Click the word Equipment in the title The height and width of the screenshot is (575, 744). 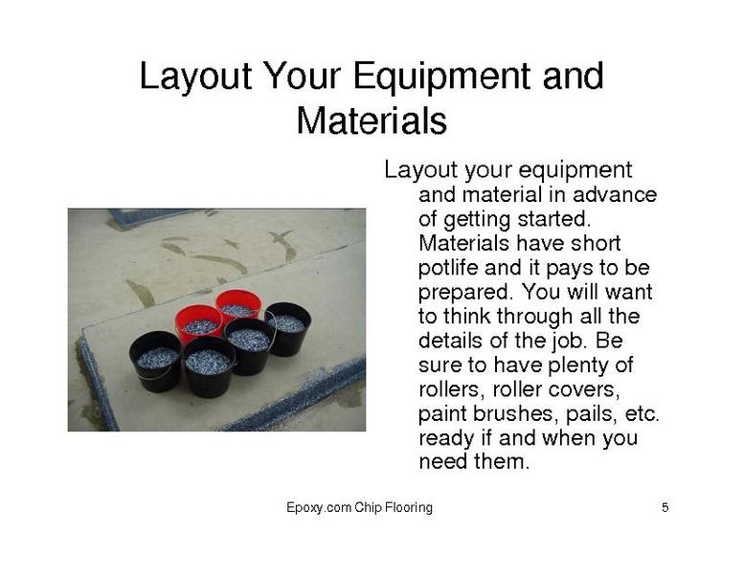pyautogui.click(x=444, y=77)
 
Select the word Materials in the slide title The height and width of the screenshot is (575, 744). pyautogui.click(x=372, y=121)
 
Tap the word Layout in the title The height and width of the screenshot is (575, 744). pyautogui.click(x=195, y=76)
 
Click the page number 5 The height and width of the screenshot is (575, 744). pyautogui.click(x=665, y=508)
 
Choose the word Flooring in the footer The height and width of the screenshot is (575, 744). pyautogui.click(x=409, y=508)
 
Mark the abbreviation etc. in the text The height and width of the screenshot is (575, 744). pyautogui.click(x=643, y=414)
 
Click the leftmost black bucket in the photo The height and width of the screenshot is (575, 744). pyautogui.click(x=156, y=362)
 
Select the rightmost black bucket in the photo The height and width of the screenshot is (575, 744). pyautogui.click(x=288, y=328)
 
